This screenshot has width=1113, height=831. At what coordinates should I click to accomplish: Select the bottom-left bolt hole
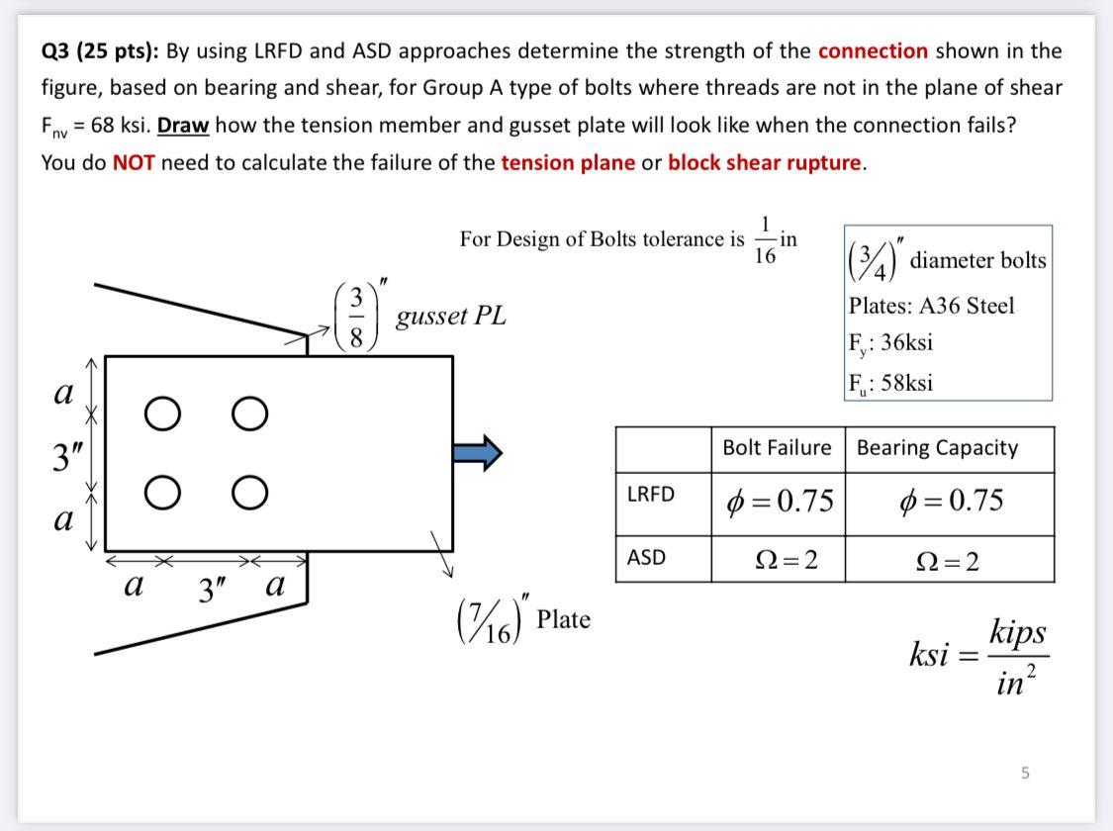tap(160, 491)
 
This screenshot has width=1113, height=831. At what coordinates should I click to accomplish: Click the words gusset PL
tap(450, 317)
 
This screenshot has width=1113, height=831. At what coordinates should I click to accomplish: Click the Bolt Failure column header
tap(777, 448)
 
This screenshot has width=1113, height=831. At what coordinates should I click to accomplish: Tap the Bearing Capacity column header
tap(936, 448)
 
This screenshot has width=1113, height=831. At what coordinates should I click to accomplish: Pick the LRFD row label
tap(650, 495)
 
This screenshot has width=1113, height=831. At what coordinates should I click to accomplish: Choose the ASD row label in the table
tap(646, 558)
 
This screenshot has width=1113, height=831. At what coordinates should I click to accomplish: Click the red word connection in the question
tap(873, 50)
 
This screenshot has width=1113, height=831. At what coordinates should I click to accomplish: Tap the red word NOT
tap(134, 163)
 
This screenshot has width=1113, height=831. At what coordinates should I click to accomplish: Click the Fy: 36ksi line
tap(890, 343)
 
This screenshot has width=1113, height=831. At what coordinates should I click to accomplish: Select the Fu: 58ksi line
tap(890, 382)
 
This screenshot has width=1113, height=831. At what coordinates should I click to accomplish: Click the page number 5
tap(1025, 773)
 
